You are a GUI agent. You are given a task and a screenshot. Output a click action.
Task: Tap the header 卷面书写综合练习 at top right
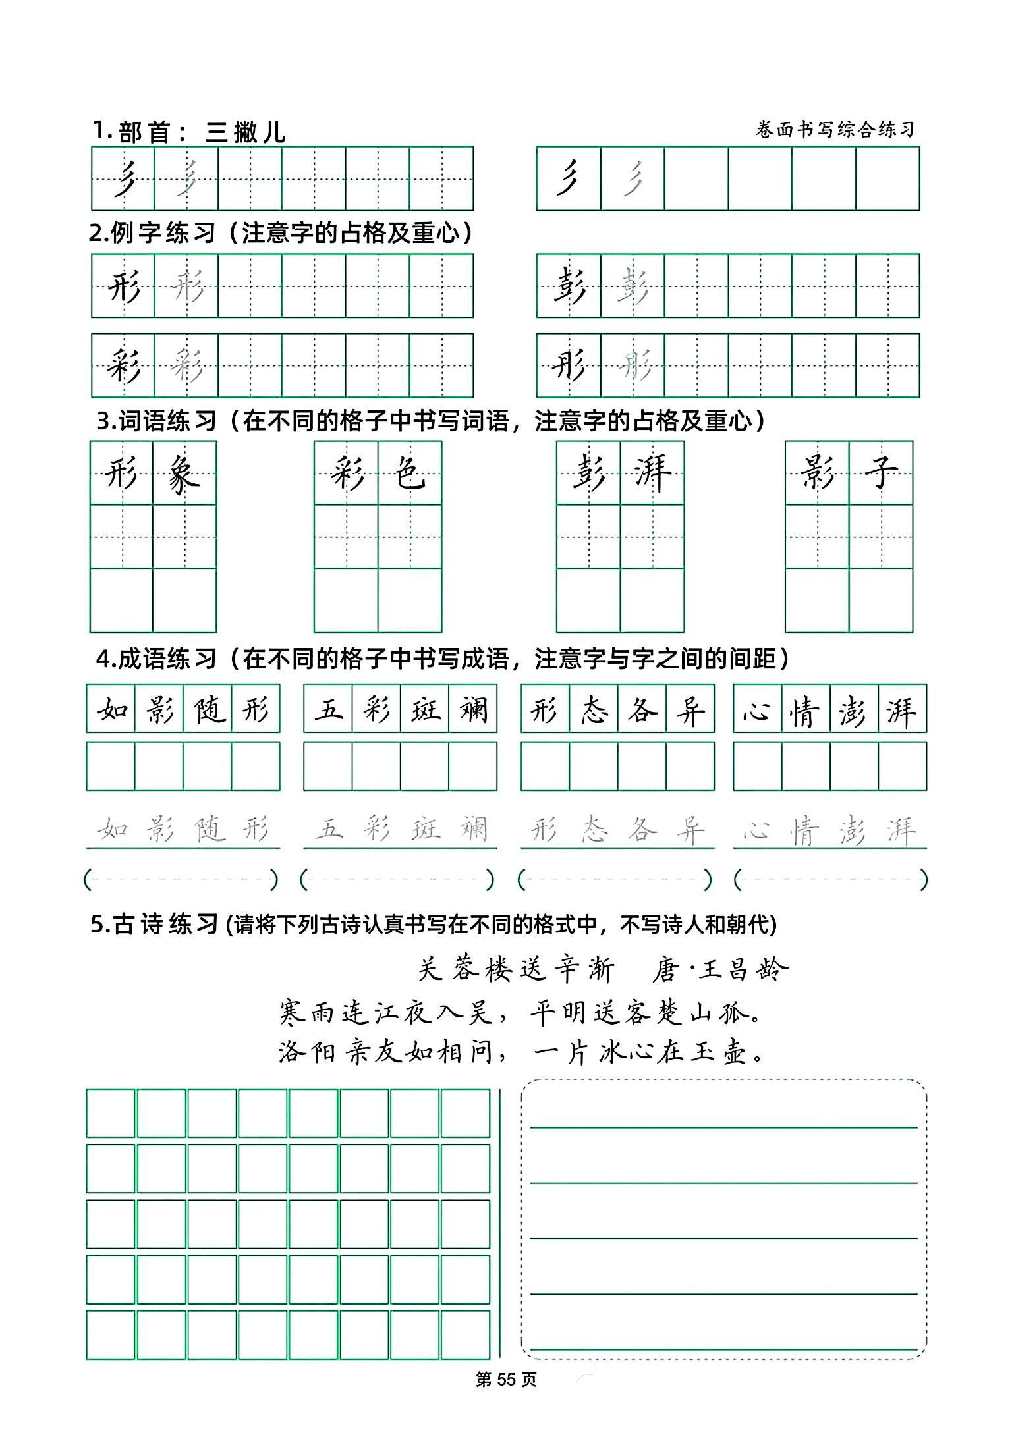coord(835,130)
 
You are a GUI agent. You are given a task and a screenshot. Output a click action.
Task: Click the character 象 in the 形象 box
coord(184,473)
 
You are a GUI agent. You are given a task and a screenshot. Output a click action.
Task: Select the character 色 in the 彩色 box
coord(409,473)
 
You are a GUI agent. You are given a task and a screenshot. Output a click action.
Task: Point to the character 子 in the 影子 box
coord(880,473)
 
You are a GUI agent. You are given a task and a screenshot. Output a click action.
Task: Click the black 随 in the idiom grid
coord(208,709)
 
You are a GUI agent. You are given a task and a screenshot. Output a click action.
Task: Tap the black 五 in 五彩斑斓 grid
coord(328,709)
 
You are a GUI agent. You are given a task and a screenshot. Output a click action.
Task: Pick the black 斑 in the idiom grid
coord(425,709)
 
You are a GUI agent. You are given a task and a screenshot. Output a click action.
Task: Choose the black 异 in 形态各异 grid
coord(690,709)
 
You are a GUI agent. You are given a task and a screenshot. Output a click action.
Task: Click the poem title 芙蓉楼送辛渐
coord(516,970)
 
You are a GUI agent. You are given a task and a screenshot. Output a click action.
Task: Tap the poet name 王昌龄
coord(743,970)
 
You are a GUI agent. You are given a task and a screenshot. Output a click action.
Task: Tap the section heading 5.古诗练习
coord(154,925)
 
